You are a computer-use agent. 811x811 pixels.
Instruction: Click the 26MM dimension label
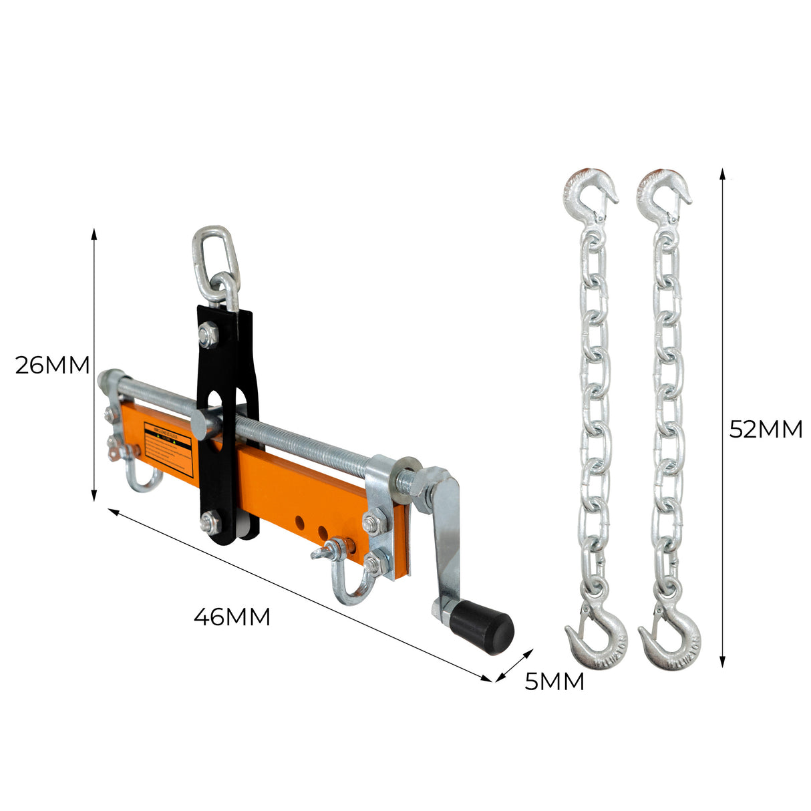52,365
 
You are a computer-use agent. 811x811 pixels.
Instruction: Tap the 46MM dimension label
232,617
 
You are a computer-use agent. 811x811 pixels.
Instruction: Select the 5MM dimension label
554,682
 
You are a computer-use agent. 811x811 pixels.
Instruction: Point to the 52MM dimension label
765,429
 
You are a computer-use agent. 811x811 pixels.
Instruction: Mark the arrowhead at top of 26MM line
94,232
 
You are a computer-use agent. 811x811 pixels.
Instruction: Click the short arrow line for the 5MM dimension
514,665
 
